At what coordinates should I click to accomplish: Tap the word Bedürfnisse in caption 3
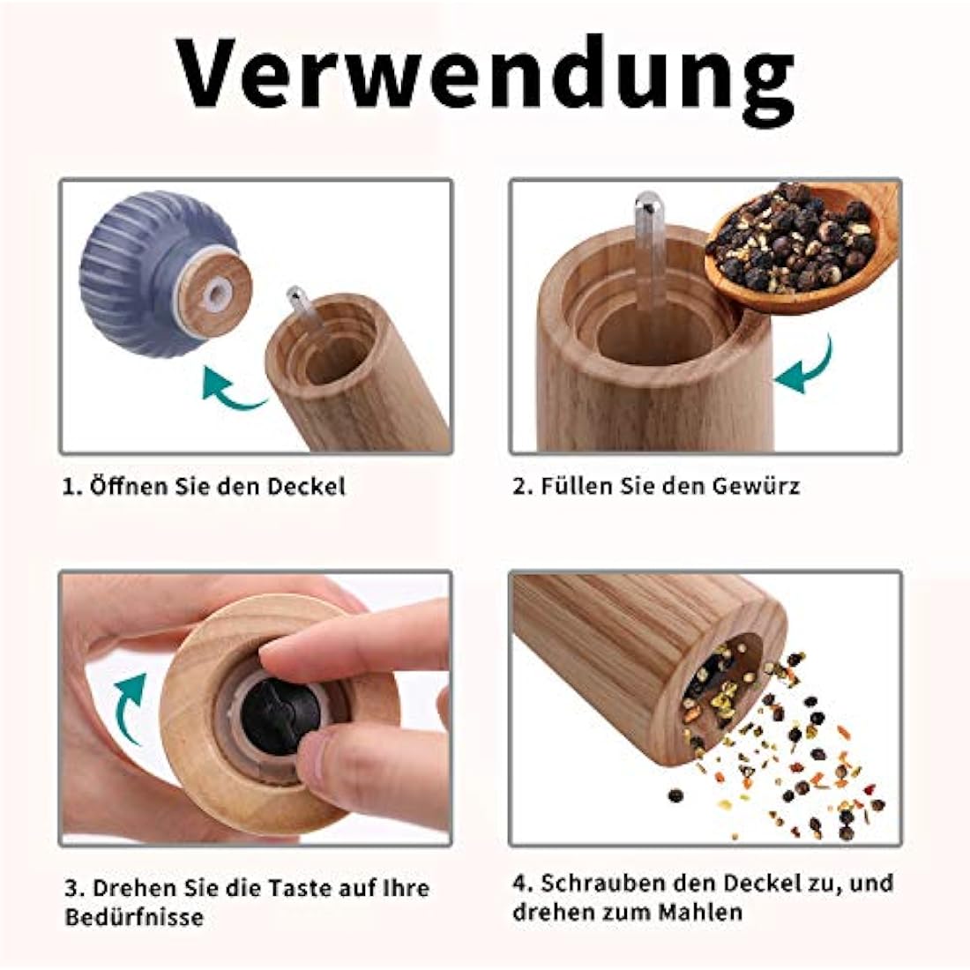tap(134, 917)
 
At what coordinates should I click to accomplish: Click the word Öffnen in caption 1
tap(125, 486)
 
